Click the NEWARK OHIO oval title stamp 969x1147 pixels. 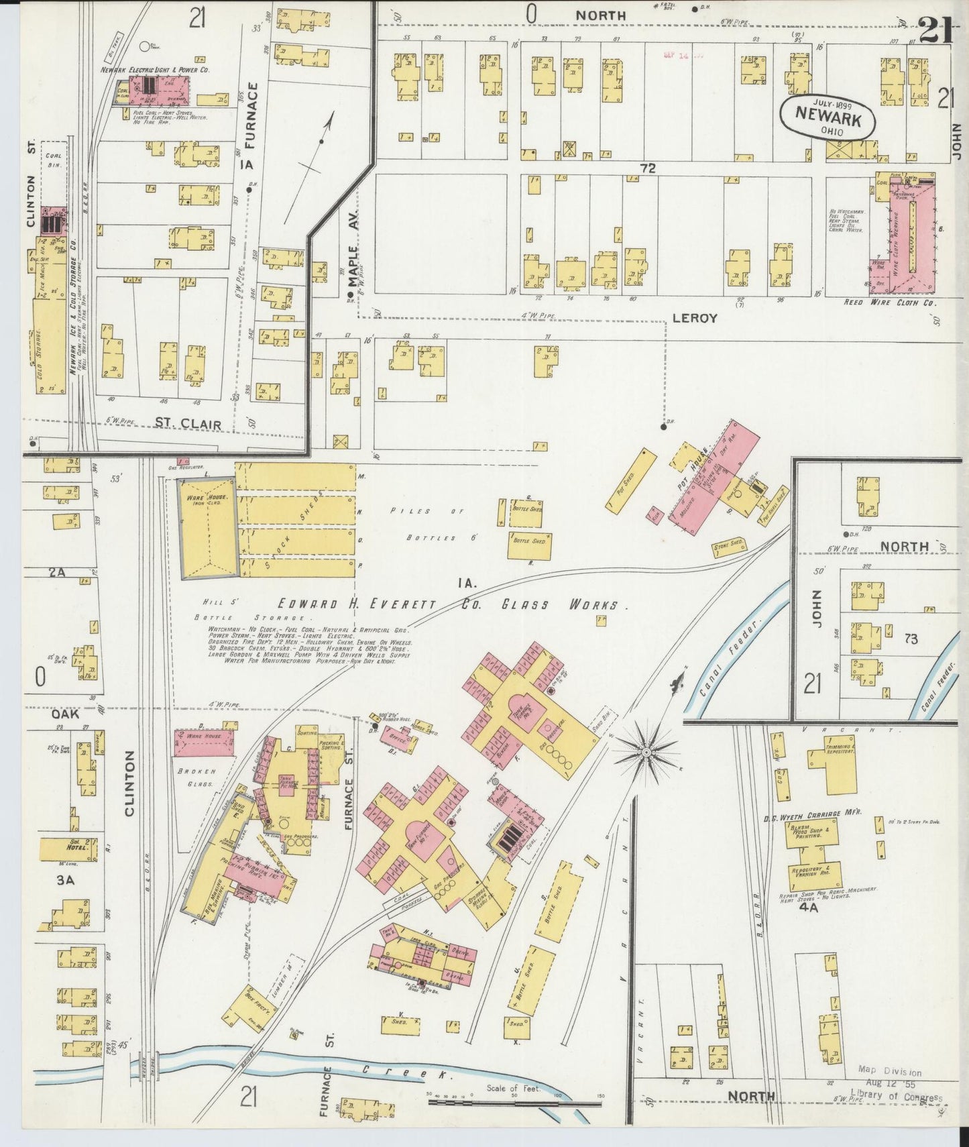(x=828, y=118)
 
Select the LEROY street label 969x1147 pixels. (x=695, y=318)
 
